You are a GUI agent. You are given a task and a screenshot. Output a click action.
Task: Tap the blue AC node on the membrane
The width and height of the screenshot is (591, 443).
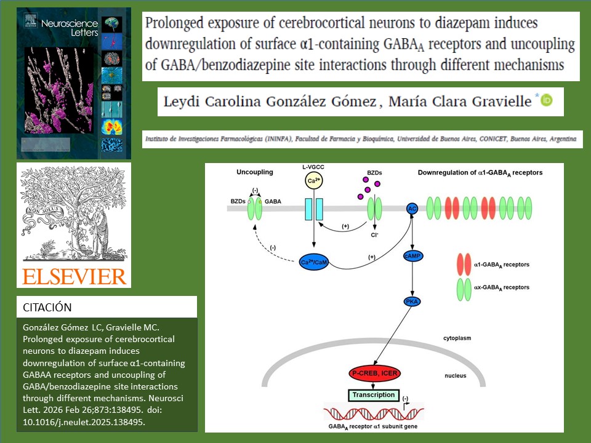[x=412, y=209]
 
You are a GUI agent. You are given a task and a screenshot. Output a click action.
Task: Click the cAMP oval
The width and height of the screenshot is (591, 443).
[x=412, y=255]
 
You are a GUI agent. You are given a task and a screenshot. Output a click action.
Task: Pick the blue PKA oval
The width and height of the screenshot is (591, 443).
[x=412, y=301]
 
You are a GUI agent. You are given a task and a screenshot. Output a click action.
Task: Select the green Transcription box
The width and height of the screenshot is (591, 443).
[x=374, y=395]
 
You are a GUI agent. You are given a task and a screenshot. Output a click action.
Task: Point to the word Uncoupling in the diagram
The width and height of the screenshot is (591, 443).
[x=255, y=172]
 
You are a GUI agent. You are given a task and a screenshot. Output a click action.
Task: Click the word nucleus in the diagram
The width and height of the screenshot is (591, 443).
[x=456, y=375]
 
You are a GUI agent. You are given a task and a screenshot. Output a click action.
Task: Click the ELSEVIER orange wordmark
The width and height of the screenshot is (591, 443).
[x=74, y=276]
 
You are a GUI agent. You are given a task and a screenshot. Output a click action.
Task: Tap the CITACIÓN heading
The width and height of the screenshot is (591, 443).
[x=47, y=307]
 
